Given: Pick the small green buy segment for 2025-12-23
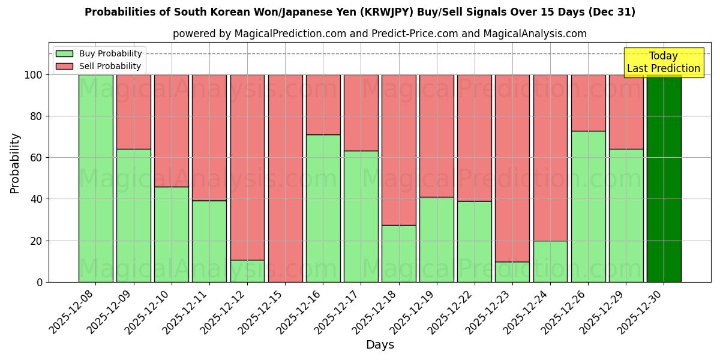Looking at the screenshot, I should (x=512, y=272).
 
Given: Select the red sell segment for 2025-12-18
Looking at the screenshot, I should (x=398, y=150).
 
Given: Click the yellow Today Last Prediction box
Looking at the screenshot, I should (x=663, y=62).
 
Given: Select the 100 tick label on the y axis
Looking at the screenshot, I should (x=32, y=75).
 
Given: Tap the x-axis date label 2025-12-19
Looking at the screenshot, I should (x=414, y=311).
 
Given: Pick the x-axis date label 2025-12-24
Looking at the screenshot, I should (x=527, y=311).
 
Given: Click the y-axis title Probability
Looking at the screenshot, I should (x=15, y=163).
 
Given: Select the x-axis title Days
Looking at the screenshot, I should (x=380, y=345).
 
